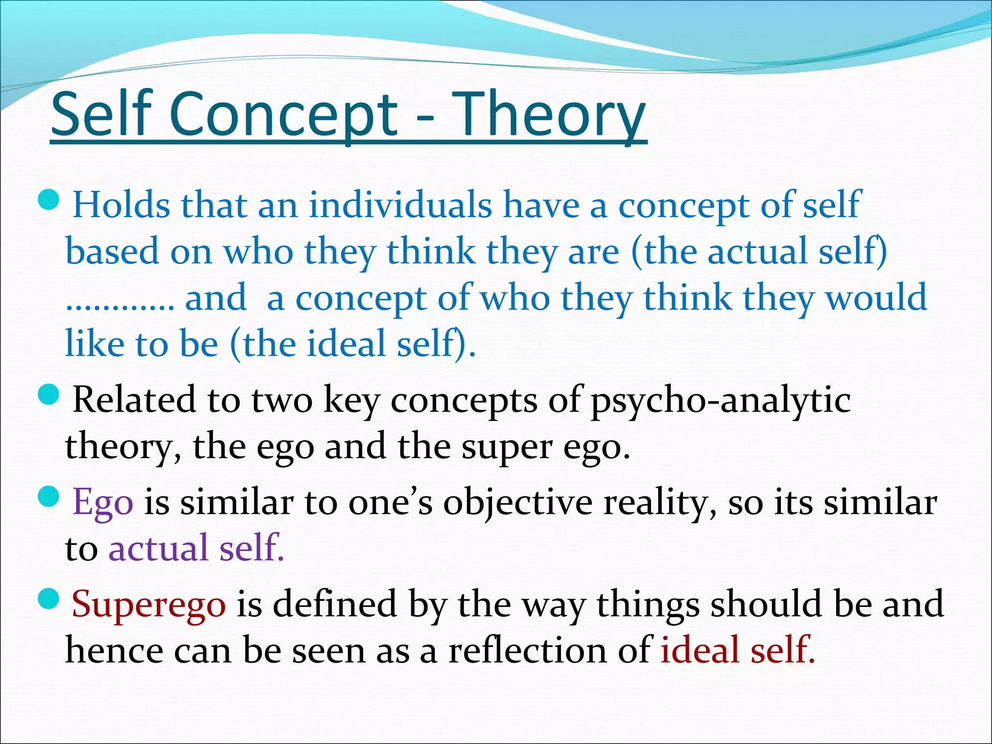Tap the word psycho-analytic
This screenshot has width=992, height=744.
pos(720,401)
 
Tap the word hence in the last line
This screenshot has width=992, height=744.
pos(114,650)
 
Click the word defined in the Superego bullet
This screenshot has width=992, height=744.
pos(334,604)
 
